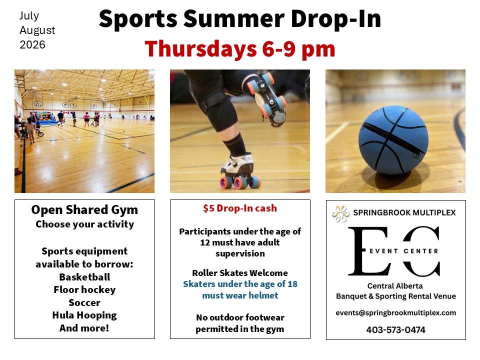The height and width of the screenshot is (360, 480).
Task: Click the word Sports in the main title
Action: coord(138,19)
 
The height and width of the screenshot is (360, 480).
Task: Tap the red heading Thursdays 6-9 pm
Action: coord(240,49)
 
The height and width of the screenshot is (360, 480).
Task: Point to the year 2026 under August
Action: coord(32,44)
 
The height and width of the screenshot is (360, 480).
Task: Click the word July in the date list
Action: coord(29,15)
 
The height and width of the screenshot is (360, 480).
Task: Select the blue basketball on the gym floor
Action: coord(393,140)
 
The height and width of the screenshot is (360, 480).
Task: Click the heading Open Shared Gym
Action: coord(84,210)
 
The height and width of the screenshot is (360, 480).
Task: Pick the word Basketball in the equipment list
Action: coord(84,277)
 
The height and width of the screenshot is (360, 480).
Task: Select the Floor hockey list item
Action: coord(84,289)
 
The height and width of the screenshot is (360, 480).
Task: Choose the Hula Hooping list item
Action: coord(84,315)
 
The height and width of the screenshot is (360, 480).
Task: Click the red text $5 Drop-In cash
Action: coord(240,208)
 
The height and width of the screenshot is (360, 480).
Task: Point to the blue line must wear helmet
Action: coord(240,295)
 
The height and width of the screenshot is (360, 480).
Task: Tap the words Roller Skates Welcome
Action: coord(240,273)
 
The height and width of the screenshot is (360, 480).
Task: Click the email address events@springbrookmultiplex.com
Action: coord(396,313)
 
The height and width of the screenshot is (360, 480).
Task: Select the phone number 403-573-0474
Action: coord(396,329)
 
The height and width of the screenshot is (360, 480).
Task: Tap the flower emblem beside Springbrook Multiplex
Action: coord(340,213)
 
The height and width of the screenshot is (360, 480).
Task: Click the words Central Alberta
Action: coord(395,286)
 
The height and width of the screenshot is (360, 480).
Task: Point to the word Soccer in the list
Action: coord(84,302)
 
